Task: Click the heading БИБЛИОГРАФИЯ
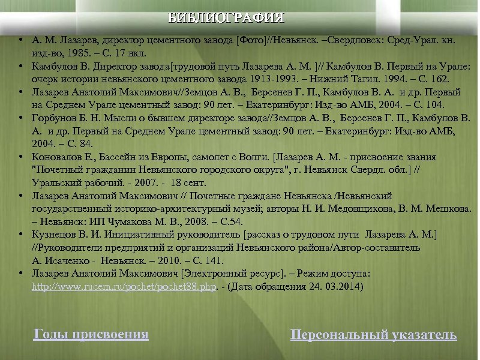(226, 17)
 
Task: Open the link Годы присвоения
(91, 334)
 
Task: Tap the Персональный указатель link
(373, 335)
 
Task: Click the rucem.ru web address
(123, 287)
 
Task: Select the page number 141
(214, 260)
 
